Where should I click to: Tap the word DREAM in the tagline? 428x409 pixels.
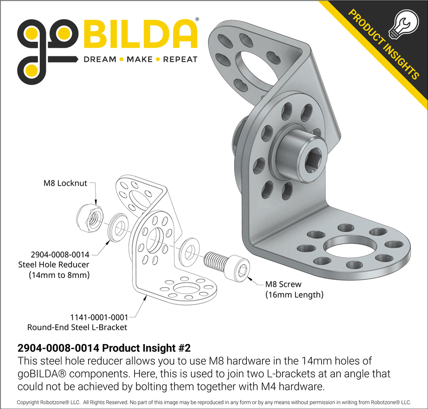[x=100, y=59]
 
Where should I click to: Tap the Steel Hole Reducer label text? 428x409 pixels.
[x=53, y=265]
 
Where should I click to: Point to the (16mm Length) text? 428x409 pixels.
[x=294, y=295]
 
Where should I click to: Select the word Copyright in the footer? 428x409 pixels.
[x=31, y=402]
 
